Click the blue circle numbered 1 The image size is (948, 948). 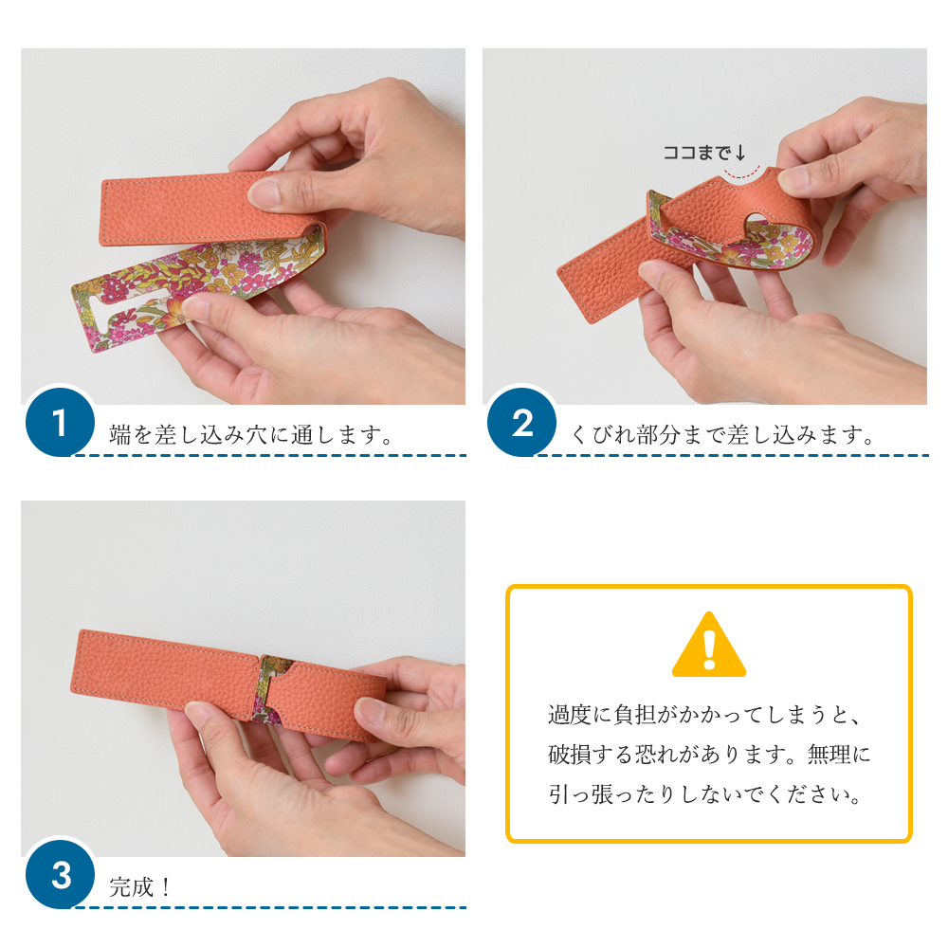click(x=60, y=423)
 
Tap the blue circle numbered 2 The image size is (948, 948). click(x=521, y=423)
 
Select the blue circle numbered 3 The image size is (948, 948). click(x=60, y=874)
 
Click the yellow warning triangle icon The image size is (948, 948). click(x=708, y=645)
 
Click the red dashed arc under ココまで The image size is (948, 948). click(x=742, y=174)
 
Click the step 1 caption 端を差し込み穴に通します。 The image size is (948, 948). click(x=251, y=435)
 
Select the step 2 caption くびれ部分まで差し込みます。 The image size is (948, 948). click(x=722, y=435)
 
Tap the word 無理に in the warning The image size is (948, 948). click(x=839, y=755)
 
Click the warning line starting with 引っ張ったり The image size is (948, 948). click(x=705, y=794)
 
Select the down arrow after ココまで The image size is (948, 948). click(x=740, y=153)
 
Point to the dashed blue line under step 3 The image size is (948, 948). click(x=269, y=907)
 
